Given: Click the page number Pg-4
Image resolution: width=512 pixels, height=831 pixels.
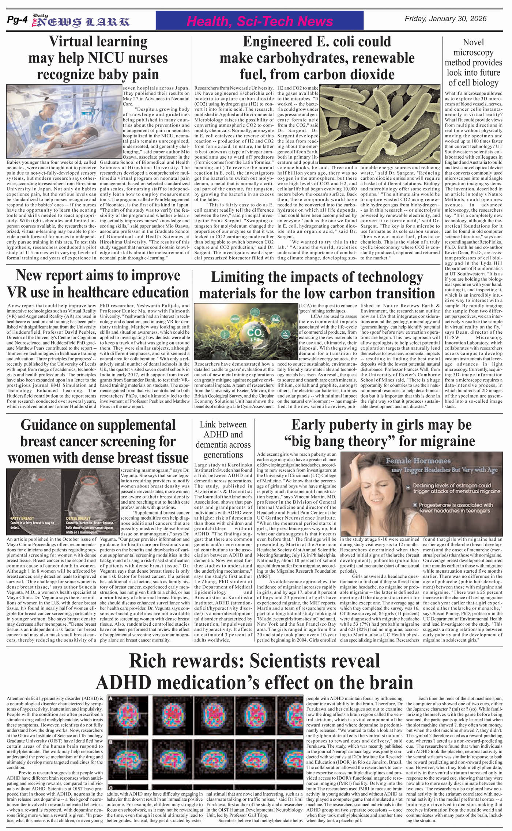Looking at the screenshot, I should click(17, 21).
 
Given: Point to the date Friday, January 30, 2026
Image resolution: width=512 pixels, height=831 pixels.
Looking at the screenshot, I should click(445, 19).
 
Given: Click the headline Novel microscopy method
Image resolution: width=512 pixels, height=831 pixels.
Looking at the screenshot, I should click(473, 62).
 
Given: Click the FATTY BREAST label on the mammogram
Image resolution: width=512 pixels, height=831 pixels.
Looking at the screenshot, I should click(22, 518).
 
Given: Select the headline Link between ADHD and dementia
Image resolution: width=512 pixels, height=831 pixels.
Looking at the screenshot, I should click(223, 440).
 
